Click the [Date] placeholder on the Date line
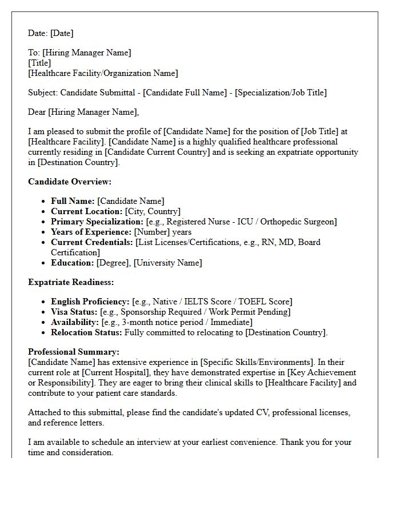pyautogui.click(x=62, y=33)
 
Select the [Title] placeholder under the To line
pyautogui.click(x=39, y=63)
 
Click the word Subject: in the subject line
pyautogui.click(x=43, y=93)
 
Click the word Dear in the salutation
pyautogui.click(x=37, y=112)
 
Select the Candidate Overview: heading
pyautogui.click(x=70, y=182)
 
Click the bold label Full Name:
pyautogui.click(x=73, y=201)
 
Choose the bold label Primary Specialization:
pyautogui.click(x=97, y=222)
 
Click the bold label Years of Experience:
pyautogui.click(x=91, y=232)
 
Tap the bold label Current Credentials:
pyautogui.click(x=92, y=242)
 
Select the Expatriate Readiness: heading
pyautogui.click(x=71, y=282)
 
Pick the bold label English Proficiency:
pyautogui.click(x=90, y=302)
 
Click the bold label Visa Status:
pyautogui.click(x=74, y=312)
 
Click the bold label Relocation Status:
pyautogui.click(x=86, y=332)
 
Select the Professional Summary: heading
pyautogui.click(x=74, y=352)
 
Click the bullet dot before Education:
pyautogui.click(x=45, y=263)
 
